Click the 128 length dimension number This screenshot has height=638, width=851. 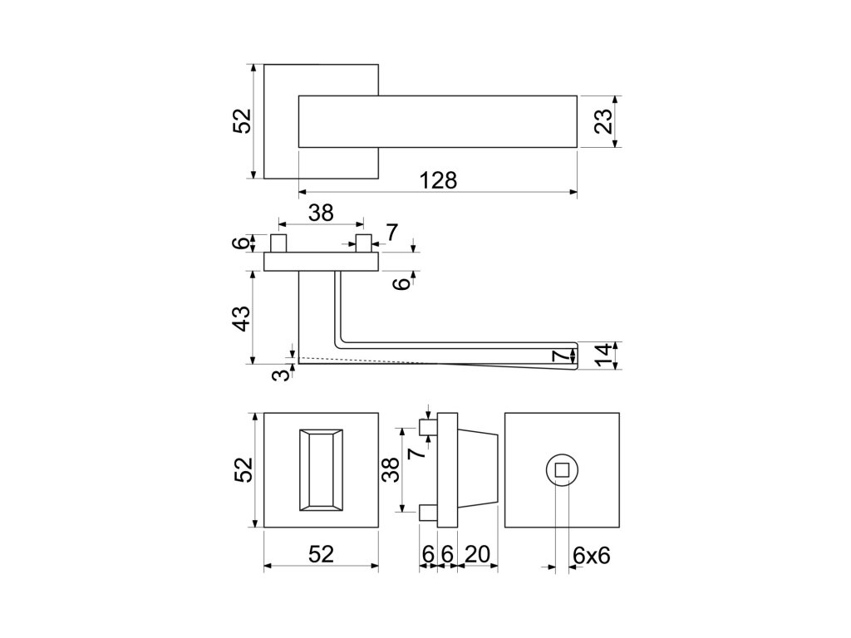point(438,180)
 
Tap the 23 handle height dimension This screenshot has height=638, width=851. point(604,121)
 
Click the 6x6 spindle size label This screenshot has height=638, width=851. point(592,555)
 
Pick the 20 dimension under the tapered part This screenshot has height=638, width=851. point(477,555)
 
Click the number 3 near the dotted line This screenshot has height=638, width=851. point(284,375)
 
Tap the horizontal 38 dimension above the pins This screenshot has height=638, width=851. point(321,213)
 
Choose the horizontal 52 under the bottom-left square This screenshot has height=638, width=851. point(321,555)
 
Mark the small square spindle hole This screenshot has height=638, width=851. point(562,470)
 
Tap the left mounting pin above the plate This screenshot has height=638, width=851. point(279,244)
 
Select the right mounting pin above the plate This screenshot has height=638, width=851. point(363,244)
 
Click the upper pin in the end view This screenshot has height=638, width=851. point(428,428)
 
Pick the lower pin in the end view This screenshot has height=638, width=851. point(428,513)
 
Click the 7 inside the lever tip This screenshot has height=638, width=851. point(563,356)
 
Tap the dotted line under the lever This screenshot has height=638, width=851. point(374,361)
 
